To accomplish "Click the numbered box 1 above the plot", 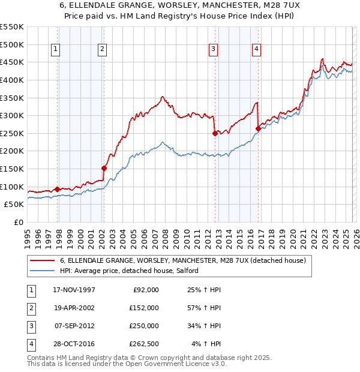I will coord(56,50).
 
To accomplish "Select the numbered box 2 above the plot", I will coord(103,50).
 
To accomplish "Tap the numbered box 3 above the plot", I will coord(213,50).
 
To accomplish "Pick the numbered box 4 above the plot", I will coord(256,50).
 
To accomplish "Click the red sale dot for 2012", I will coord(214,134).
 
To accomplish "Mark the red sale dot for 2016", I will coord(258,128).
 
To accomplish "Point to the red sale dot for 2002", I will coord(104,168).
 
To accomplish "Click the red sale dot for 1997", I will coord(58,189).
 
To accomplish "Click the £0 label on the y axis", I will coord(18,222).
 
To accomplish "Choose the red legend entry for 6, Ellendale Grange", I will coord(182,260).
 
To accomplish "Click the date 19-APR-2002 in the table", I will coord(74,307).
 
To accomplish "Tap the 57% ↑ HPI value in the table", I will coord(204,307).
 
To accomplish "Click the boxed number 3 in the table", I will coord(31,326).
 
